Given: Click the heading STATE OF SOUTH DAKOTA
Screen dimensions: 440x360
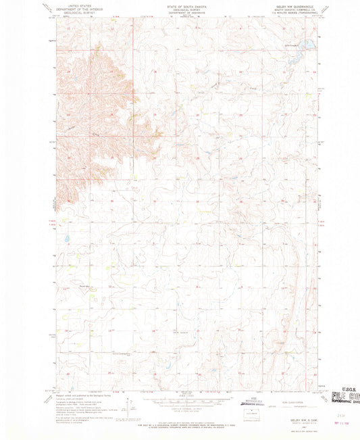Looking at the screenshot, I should (x=179, y=5).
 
